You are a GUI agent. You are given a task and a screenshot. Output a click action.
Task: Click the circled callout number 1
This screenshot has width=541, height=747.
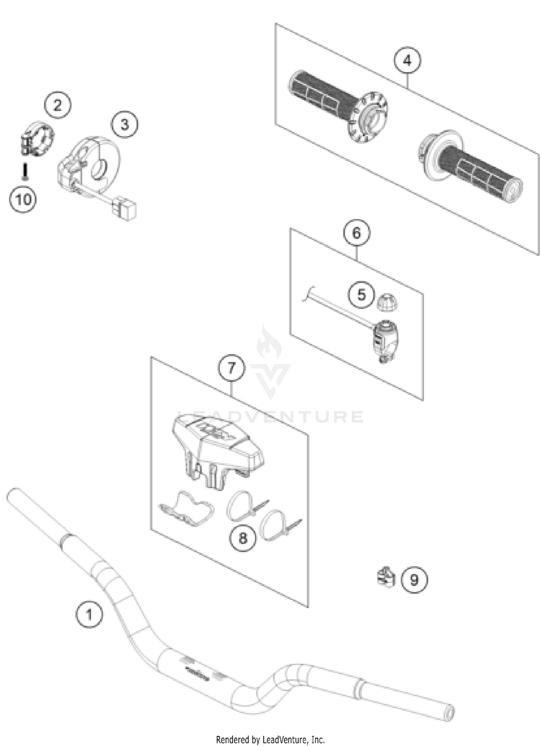[x=89, y=614]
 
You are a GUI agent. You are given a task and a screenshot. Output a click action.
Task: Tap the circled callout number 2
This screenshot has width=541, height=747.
[x=58, y=105]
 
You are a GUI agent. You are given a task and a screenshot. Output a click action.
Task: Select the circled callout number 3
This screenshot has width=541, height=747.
[x=124, y=125]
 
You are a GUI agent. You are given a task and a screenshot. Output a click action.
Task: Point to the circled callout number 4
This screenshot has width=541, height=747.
[x=407, y=61]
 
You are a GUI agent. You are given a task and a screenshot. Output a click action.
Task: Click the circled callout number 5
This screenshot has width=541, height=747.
[x=361, y=295]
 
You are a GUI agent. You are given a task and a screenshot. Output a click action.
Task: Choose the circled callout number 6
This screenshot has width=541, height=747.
[x=356, y=233]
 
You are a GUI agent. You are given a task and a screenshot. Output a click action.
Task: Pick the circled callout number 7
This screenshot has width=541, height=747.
[x=232, y=368]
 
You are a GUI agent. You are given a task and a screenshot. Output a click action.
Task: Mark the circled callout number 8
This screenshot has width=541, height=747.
[x=243, y=538]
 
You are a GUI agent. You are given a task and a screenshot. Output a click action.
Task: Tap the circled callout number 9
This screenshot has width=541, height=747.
[x=414, y=580]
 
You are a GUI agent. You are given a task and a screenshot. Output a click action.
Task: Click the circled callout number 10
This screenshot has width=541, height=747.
[x=23, y=199]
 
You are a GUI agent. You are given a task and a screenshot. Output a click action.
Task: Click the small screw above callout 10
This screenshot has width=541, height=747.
[x=24, y=171]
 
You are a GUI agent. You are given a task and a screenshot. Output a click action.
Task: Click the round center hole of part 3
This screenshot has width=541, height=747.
[x=98, y=169]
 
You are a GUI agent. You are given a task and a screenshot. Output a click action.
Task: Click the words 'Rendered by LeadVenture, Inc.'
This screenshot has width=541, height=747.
[x=270, y=740]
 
